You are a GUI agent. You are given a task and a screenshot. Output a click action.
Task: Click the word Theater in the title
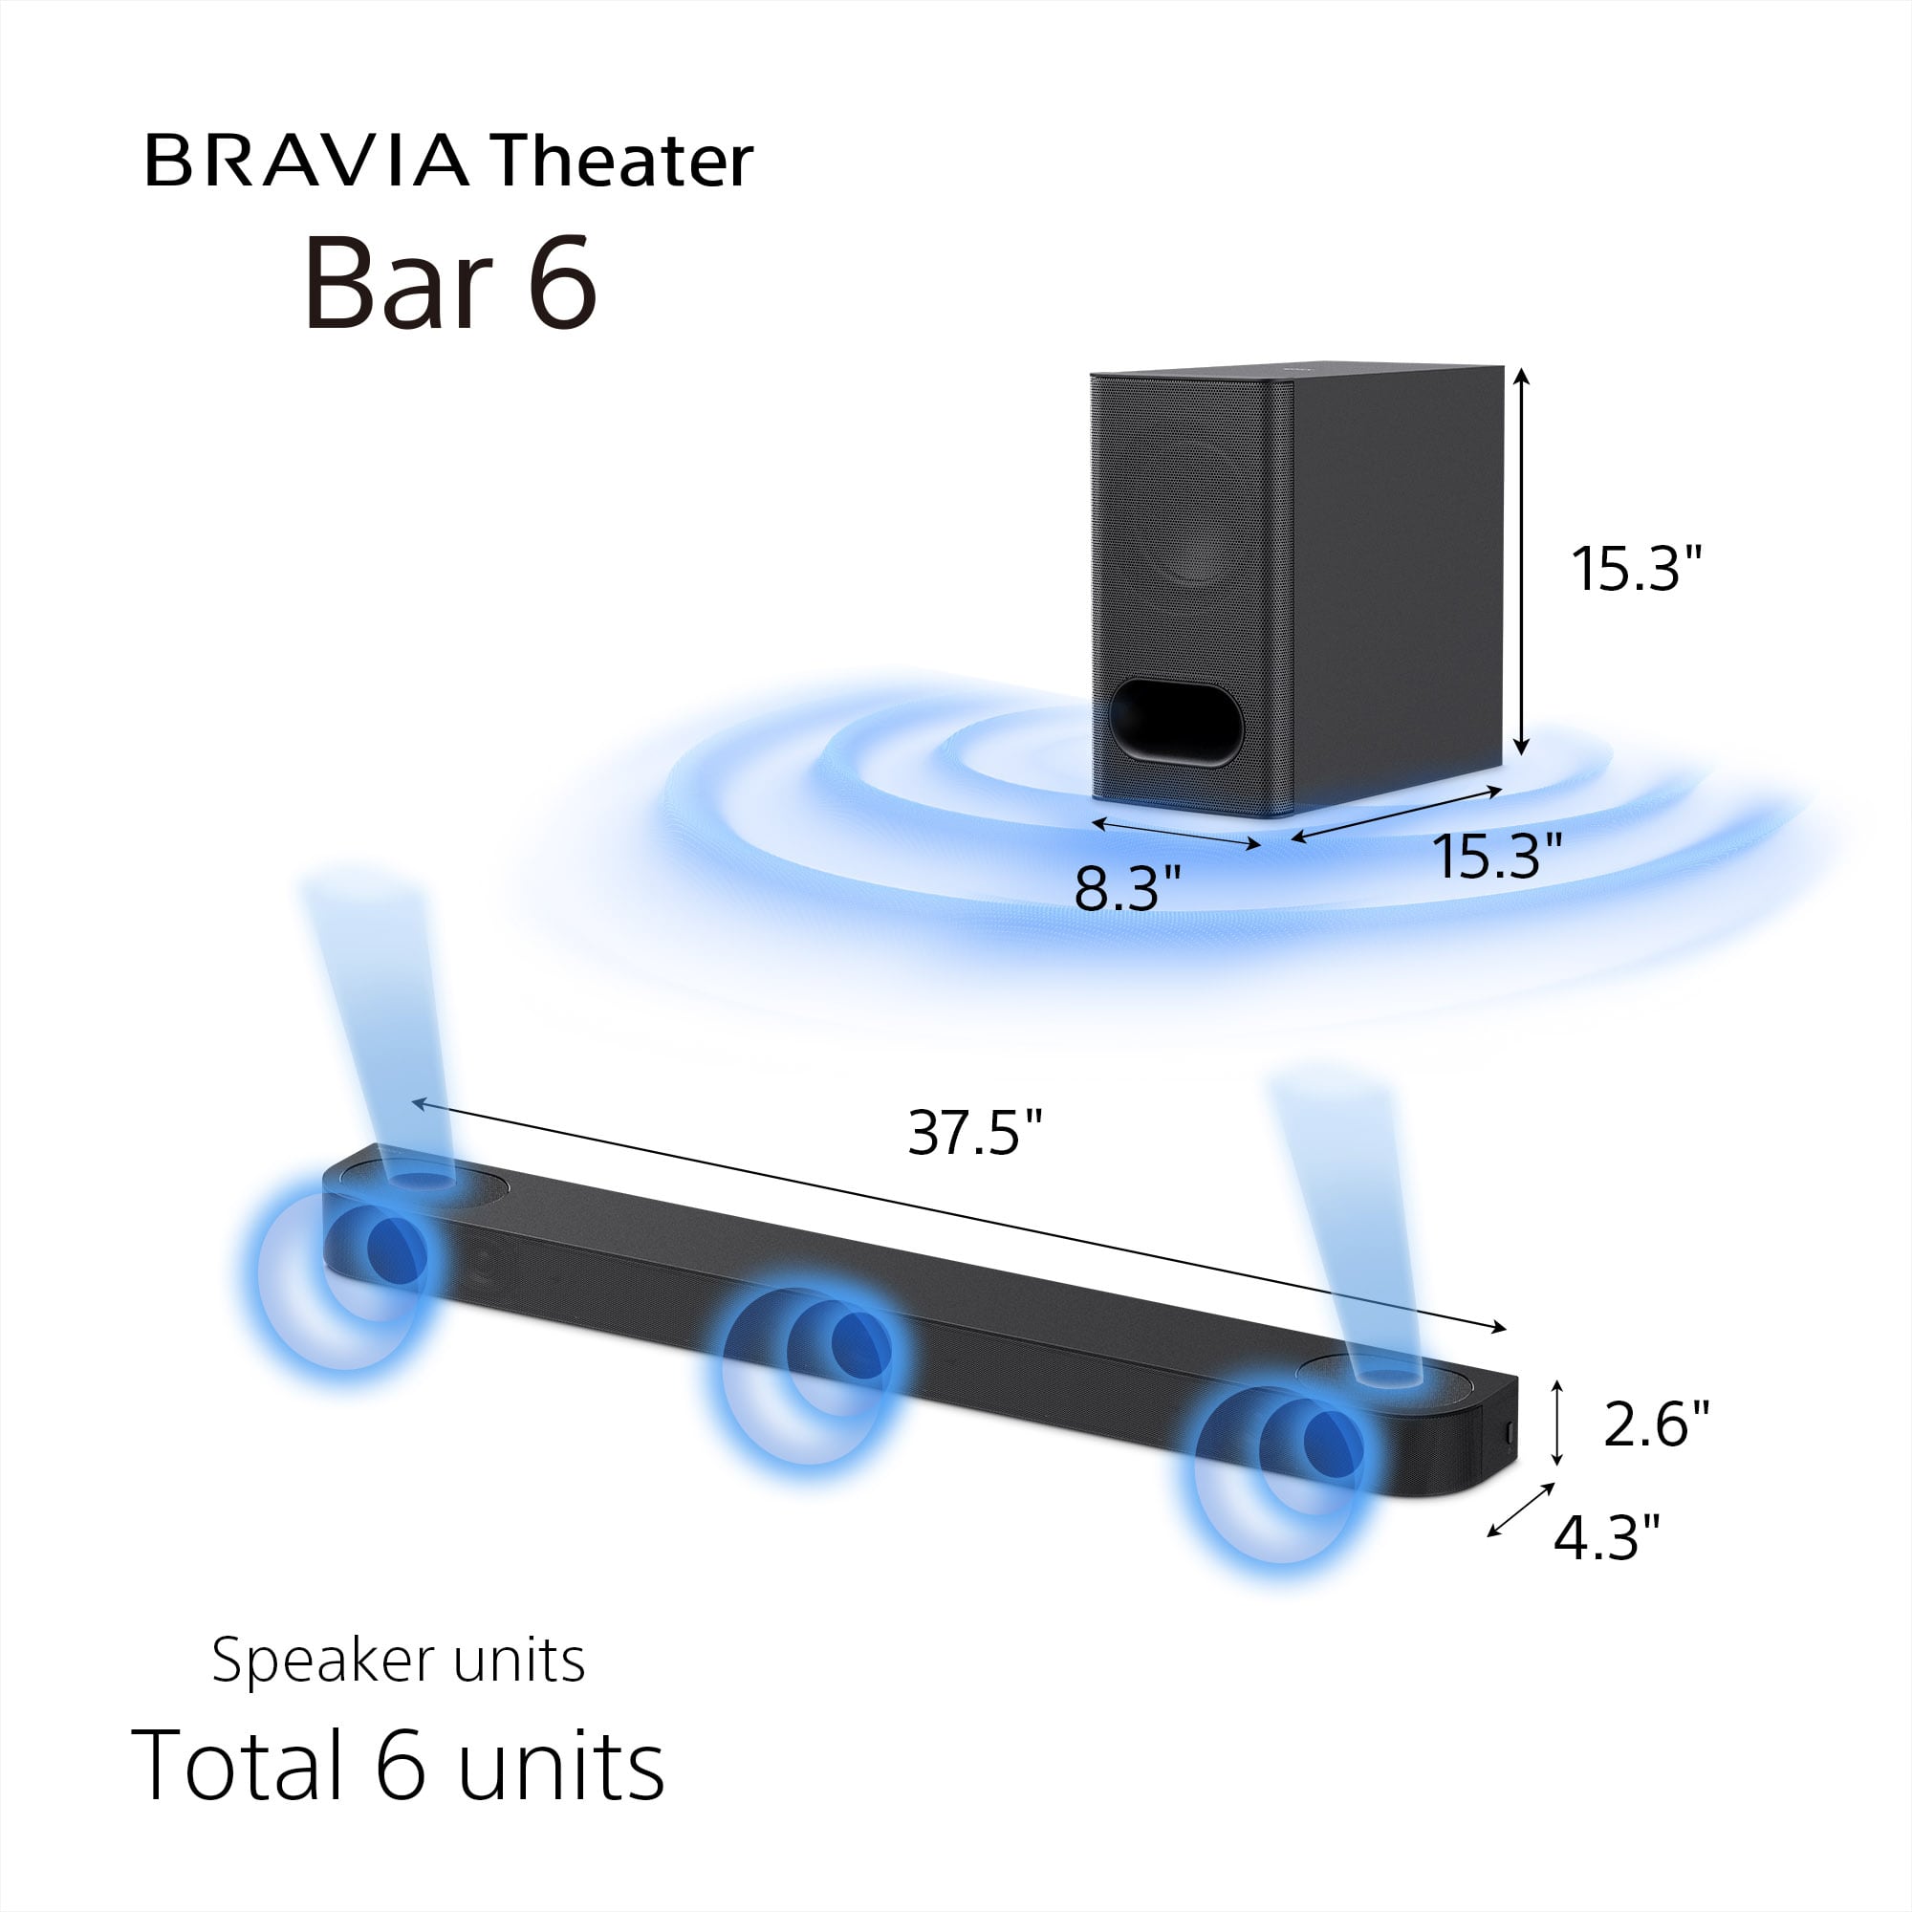click(x=621, y=162)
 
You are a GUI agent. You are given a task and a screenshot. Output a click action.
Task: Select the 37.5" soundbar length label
click(x=976, y=1133)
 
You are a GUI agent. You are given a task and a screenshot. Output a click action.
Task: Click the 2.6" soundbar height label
click(x=1655, y=1424)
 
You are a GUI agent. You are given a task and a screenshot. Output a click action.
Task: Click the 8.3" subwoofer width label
click(x=1128, y=888)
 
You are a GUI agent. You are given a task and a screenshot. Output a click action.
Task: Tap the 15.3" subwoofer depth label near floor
click(x=1496, y=856)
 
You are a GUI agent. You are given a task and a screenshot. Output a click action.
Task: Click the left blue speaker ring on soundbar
click(x=341, y=1276)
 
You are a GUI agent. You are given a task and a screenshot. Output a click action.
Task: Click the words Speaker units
click(x=398, y=1661)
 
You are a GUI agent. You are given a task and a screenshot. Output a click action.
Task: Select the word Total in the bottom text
click(x=237, y=1767)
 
